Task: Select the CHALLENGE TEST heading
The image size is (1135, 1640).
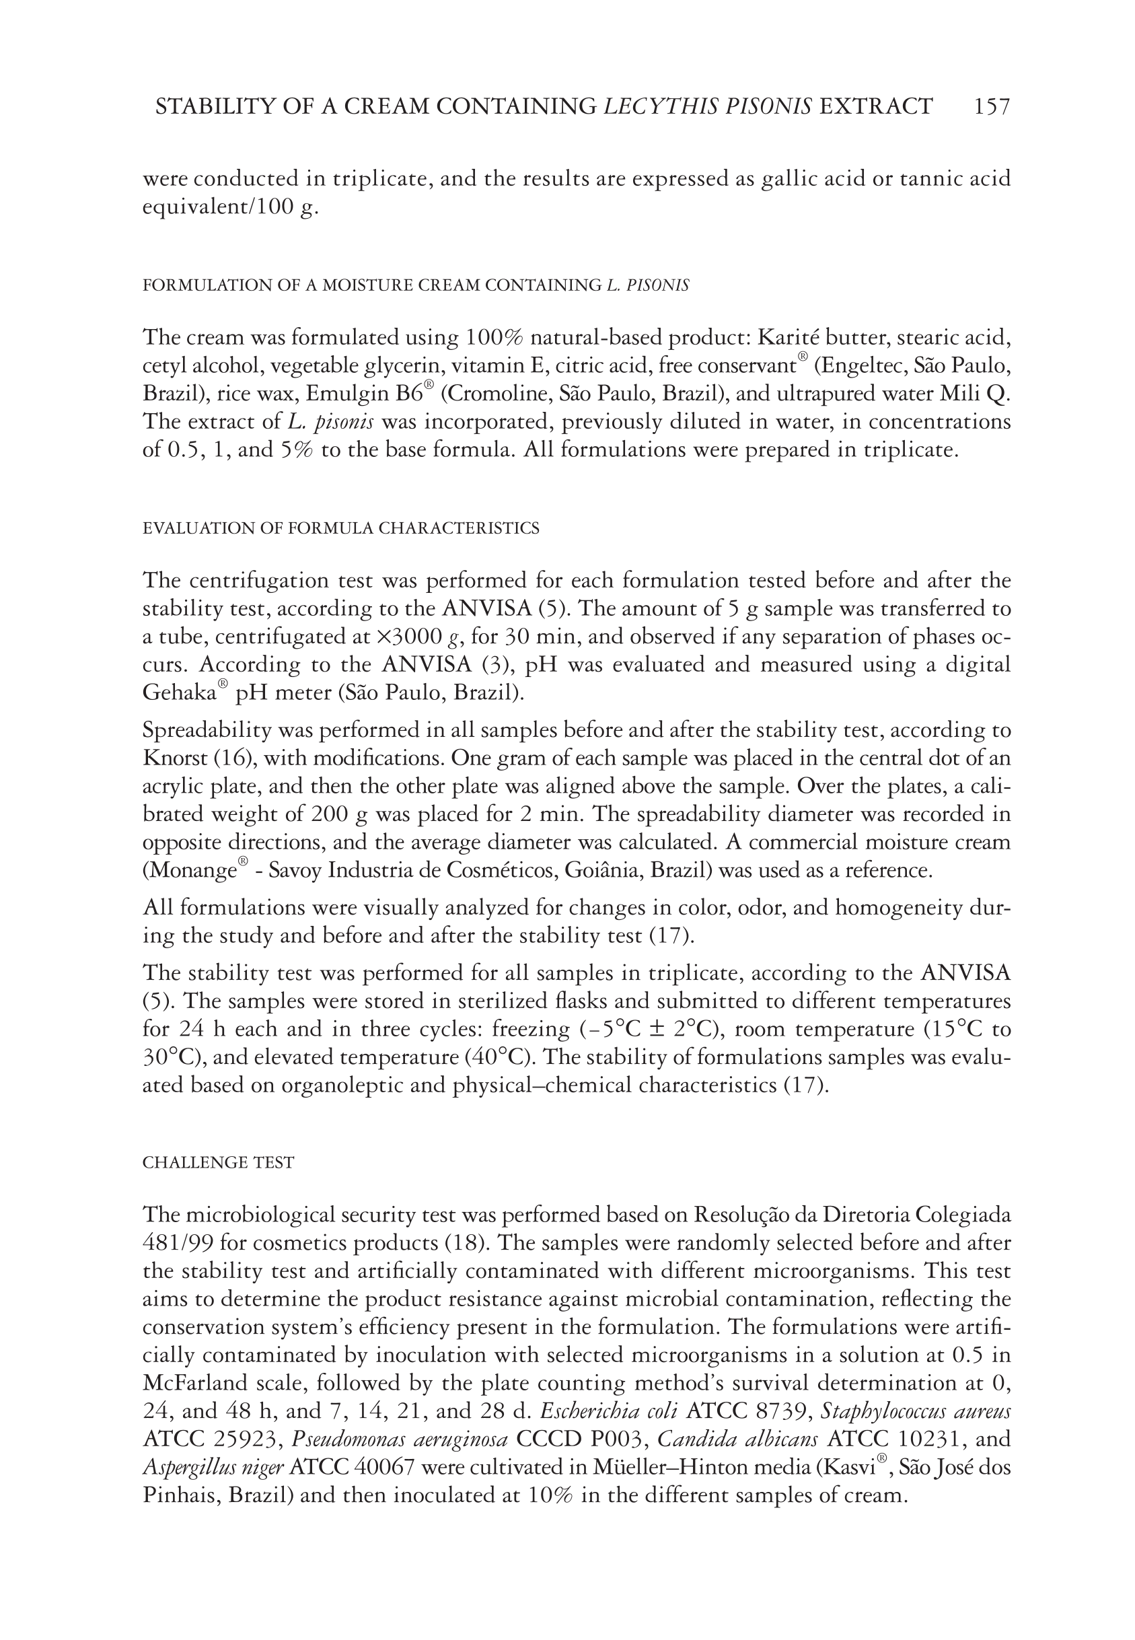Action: click(x=219, y=1162)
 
